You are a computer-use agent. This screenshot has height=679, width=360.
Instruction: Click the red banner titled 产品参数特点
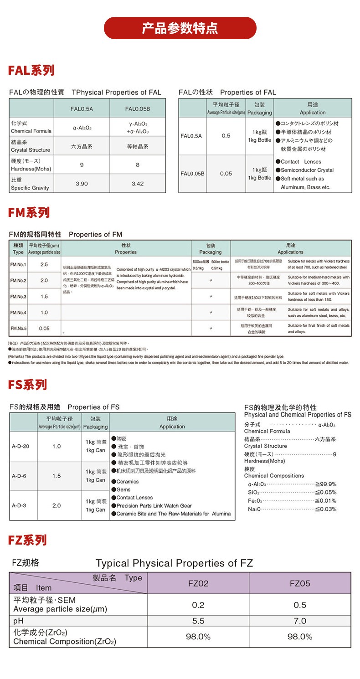[180, 28]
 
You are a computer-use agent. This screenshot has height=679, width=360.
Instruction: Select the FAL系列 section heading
[31, 71]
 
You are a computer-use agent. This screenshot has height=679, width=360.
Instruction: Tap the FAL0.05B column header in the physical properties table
[138, 109]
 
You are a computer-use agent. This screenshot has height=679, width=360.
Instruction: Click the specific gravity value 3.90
[82, 184]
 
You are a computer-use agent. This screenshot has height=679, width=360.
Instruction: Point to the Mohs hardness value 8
[138, 165]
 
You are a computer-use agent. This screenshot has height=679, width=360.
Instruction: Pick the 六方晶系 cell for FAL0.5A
[82, 146]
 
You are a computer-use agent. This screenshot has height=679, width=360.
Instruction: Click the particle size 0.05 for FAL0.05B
[226, 174]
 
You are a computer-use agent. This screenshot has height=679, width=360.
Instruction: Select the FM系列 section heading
[29, 213]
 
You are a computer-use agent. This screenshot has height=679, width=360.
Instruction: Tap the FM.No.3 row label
[18, 297]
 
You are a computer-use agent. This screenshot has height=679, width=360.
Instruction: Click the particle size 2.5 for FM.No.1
[44, 264]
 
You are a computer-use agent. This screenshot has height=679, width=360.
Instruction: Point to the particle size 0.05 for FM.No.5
[44, 328]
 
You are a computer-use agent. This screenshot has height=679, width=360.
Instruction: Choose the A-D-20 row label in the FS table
[21, 446]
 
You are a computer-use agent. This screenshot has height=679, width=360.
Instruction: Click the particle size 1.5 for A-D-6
[57, 476]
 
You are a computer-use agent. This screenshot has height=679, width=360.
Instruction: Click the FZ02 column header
[198, 583]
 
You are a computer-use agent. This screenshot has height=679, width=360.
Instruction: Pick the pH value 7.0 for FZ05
[300, 621]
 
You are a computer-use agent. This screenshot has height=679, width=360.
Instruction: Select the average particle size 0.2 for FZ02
[198, 605]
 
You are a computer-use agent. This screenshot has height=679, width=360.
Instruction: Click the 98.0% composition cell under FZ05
[300, 637]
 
